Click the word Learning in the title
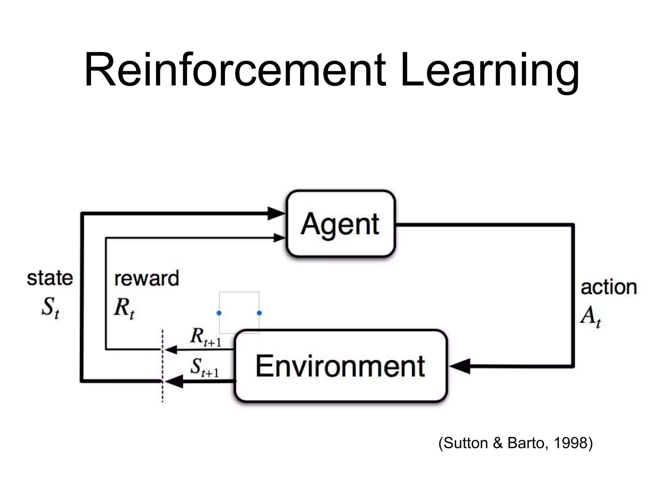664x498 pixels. tap(490, 70)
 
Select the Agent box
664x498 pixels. tap(340, 224)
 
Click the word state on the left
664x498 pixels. tap(50, 278)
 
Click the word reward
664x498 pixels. tap(147, 278)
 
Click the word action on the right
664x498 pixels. tap(609, 287)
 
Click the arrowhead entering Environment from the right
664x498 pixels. tap(459, 367)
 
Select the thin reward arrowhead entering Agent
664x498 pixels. tap(279, 238)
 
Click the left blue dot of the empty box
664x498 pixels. tap(219, 313)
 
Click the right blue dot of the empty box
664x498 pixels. tap(259, 313)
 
